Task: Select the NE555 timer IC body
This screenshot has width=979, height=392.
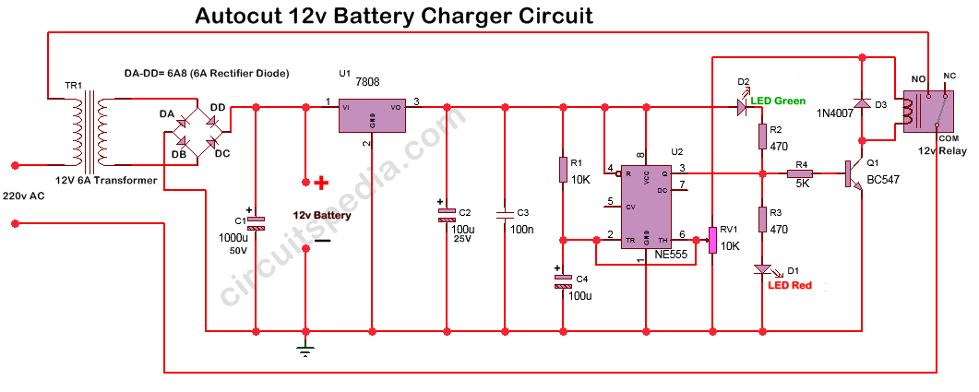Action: pyautogui.click(x=647, y=208)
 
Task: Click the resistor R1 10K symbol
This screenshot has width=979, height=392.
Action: pyautogui.click(x=562, y=170)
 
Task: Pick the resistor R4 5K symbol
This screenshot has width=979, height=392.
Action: pyautogui.click(x=799, y=172)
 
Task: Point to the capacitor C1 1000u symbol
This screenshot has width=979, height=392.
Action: pyautogui.click(x=257, y=222)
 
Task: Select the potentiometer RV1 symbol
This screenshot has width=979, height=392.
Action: pyautogui.click(x=712, y=241)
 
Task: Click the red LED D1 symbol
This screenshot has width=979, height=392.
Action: pyautogui.click(x=762, y=268)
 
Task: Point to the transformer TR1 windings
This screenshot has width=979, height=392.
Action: pyautogui.click(x=90, y=129)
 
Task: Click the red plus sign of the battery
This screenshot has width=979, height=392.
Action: pyautogui.click(x=321, y=183)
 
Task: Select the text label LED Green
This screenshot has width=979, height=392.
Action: pyautogui.click(x=777, y=101)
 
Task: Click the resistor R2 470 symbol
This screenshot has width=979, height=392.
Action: pyautogui.click(x=762, y=137)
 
